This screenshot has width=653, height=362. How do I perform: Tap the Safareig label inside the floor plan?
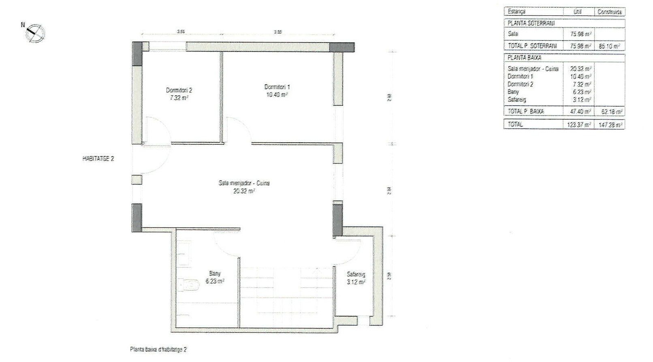(355, 274)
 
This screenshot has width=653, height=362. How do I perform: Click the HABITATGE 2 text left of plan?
(98, 159)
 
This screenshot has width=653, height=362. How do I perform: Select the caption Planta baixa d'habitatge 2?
(158, 349)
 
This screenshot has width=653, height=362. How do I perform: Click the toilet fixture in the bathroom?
(191, 285)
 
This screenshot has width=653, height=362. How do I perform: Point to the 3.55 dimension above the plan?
(277, 31)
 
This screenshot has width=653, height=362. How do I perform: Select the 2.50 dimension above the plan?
(181, 31)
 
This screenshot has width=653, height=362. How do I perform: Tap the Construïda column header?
(610, 12)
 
